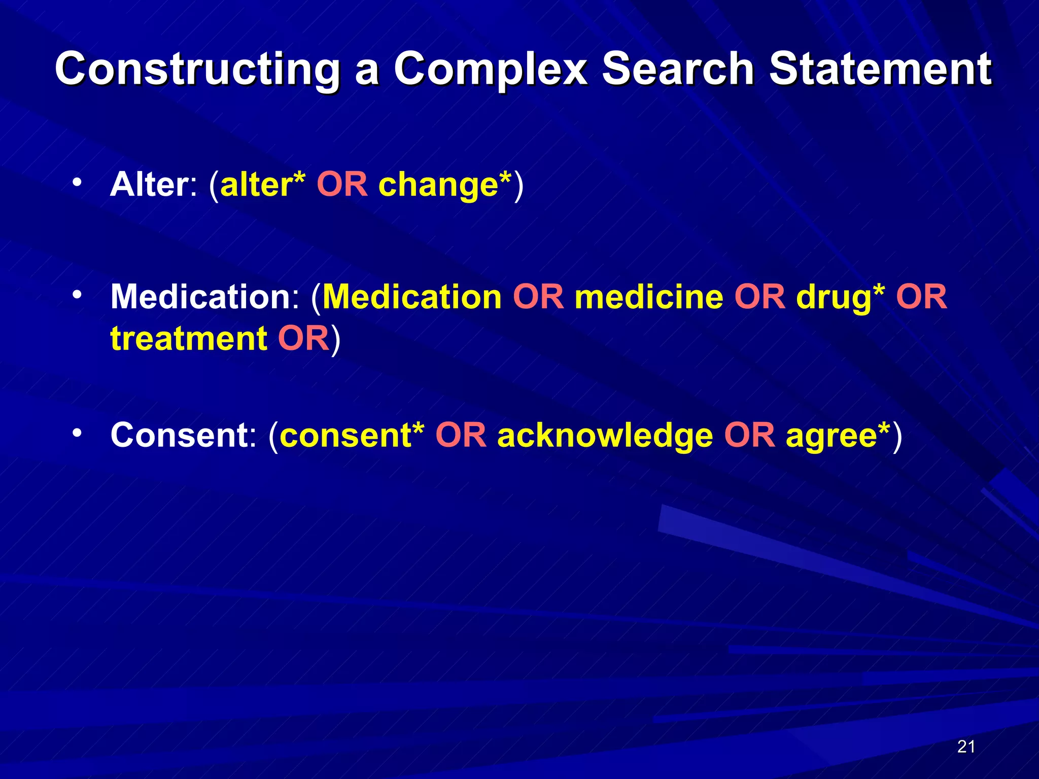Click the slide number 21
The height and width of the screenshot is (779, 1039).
[x=966, y=747]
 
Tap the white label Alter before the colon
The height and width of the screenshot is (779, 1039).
[x=149, y=184]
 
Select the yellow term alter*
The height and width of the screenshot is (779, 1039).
[x=262, y=184]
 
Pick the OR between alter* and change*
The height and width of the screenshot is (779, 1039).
[x=342, y=184]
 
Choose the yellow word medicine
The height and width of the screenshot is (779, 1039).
[x=649, y=297]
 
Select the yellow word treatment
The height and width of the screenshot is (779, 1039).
[x=189, y=339]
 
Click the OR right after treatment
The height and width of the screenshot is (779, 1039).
[x=303, y=339]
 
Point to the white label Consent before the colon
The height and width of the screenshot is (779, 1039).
[x=179, y=435]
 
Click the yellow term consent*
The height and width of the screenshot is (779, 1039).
[x=352, y=435]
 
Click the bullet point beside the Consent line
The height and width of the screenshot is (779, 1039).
[x=77, y=433]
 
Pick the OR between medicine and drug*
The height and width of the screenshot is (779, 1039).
[x=759, y=297]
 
